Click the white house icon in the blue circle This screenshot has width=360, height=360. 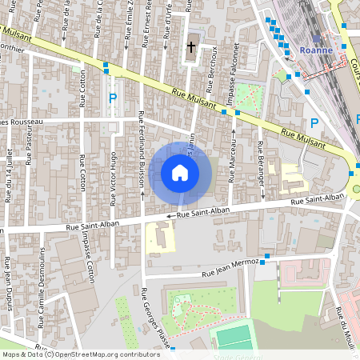180,172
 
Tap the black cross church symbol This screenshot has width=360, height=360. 190,47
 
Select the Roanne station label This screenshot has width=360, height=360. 317,49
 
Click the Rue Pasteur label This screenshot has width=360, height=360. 28,149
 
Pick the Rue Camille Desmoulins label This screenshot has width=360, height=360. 38,311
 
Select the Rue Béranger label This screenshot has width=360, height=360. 261,160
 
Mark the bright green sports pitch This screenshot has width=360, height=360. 234,334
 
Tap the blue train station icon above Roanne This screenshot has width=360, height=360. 317,38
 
